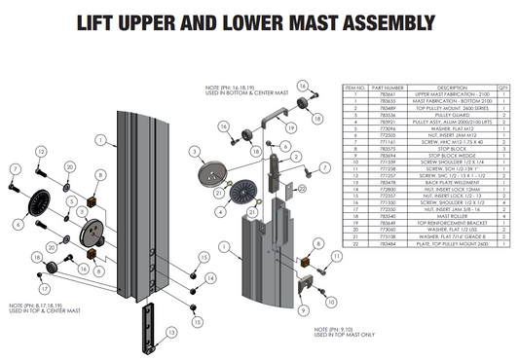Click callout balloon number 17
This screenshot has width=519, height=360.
pos(43,288)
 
